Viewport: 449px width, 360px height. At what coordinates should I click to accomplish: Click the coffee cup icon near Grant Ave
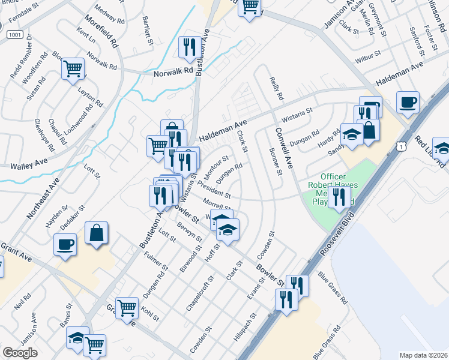65,244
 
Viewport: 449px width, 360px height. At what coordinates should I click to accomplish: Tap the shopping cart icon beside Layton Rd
73,68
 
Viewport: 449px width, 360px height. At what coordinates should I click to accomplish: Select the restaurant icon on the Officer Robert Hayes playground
339,196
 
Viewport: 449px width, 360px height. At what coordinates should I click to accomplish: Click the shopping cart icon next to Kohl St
127,308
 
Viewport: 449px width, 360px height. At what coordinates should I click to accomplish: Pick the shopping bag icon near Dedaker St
96,232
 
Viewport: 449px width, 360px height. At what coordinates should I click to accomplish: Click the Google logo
20,353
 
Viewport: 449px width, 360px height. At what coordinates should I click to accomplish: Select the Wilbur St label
368,57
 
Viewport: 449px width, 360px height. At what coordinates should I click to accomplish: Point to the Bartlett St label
148,26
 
